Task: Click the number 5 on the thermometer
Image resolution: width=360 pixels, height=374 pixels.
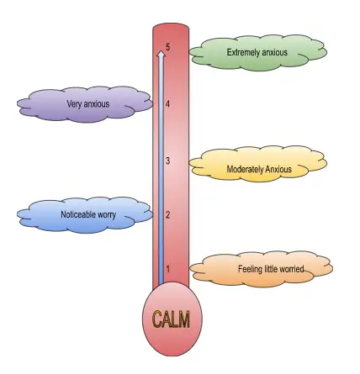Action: [167, 47]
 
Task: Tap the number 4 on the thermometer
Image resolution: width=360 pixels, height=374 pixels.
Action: [167, 104]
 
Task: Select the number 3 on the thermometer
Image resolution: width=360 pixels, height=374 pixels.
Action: [167, 161]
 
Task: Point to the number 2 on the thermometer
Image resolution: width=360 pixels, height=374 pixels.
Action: [167, 215]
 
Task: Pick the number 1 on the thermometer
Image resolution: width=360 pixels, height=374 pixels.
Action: [167, 269]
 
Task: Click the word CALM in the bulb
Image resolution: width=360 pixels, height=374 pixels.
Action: [171, 319]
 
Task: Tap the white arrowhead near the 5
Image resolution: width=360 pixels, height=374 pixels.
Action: [161, 54]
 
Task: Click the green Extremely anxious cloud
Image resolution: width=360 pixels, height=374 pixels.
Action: [257, 53]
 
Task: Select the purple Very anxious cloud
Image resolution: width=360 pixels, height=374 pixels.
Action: [85, 104]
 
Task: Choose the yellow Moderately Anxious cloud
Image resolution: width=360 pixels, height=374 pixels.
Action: [258, 164]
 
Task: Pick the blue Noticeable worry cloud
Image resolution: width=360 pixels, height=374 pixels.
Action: [85, 215]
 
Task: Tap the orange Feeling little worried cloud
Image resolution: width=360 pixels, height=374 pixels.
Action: [262, 269]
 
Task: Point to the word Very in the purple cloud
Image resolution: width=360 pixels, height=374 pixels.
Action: [74, 104]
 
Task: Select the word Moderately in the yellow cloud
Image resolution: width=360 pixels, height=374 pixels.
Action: [245, 169]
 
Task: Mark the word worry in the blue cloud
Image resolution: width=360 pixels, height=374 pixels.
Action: [107, 215]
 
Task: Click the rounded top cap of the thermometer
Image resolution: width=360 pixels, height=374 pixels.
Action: [171, 28]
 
